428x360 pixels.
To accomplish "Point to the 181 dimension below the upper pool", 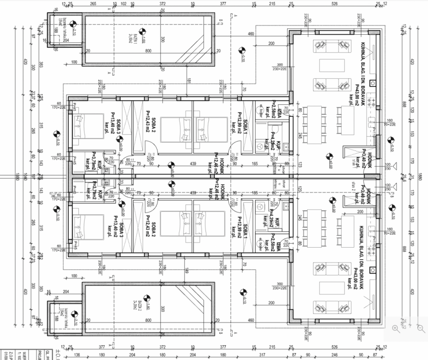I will tap(189, 81).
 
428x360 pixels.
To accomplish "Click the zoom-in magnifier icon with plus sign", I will tap(395, 328).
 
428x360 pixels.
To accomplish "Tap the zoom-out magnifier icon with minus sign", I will tap(421, 328).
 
